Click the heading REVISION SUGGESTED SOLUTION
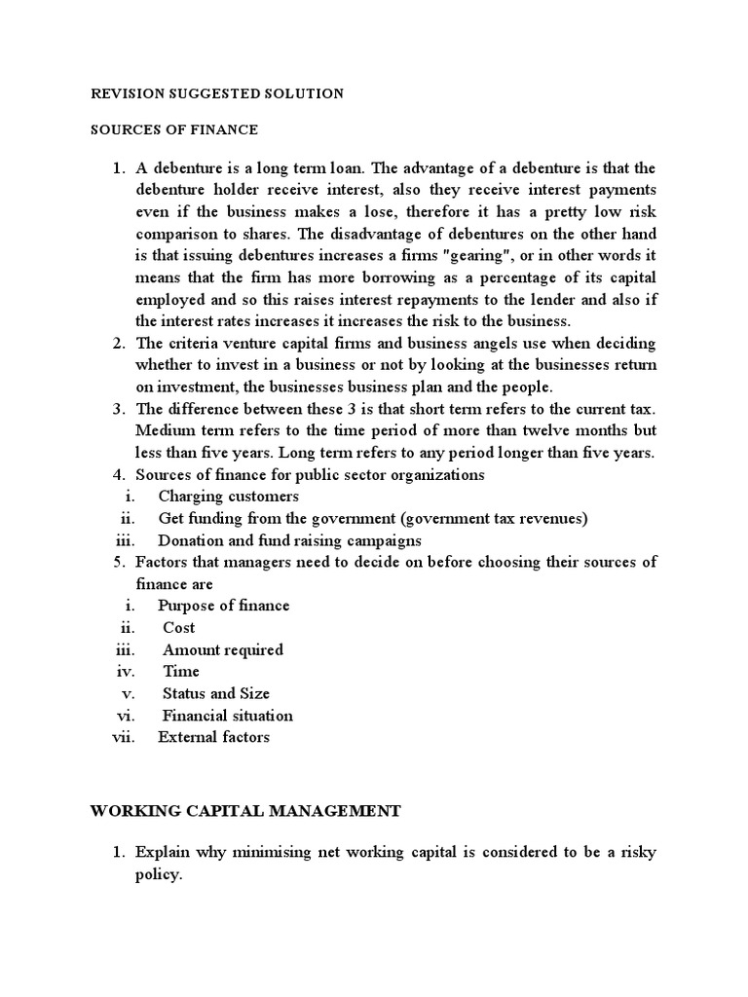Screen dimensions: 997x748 coord(216,93)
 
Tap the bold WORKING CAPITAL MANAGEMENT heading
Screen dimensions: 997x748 coord(245,809)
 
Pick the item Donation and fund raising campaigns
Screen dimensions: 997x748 coord(289,540)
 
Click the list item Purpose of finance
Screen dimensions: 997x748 coord(224,606)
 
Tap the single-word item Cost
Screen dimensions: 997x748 coord(178,628)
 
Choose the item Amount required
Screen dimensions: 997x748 coord(222,649)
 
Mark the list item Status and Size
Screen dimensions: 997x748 coord(215,693)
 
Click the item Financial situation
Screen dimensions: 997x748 coord(227,716)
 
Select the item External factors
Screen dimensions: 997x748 coord(213,737)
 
